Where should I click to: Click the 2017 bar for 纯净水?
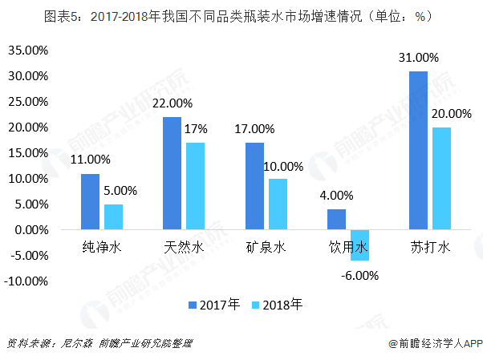90,201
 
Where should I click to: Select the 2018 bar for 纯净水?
114,216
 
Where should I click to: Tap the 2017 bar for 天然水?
172,173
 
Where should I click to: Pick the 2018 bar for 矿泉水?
278,204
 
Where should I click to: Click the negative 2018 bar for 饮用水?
359,245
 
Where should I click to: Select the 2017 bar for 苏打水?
417,150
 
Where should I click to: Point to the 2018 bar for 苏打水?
441,178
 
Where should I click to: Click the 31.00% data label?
418,58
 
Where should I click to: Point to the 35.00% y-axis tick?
27,51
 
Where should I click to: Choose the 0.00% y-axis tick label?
31,230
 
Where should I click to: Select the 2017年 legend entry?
213,305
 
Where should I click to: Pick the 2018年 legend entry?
277,305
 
